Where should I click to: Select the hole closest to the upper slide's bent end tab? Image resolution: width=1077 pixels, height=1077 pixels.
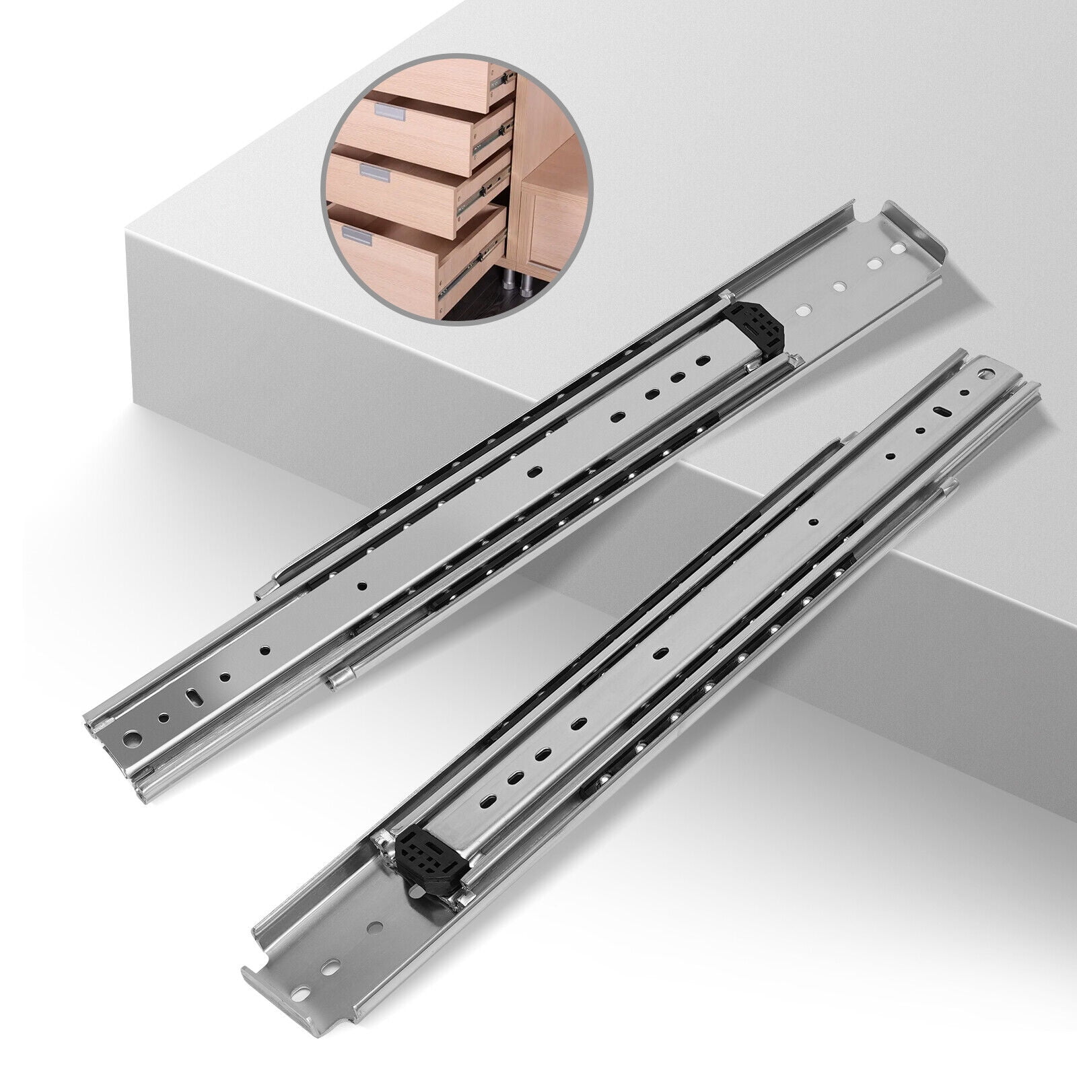pyautogui.click(x=898, y=249)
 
